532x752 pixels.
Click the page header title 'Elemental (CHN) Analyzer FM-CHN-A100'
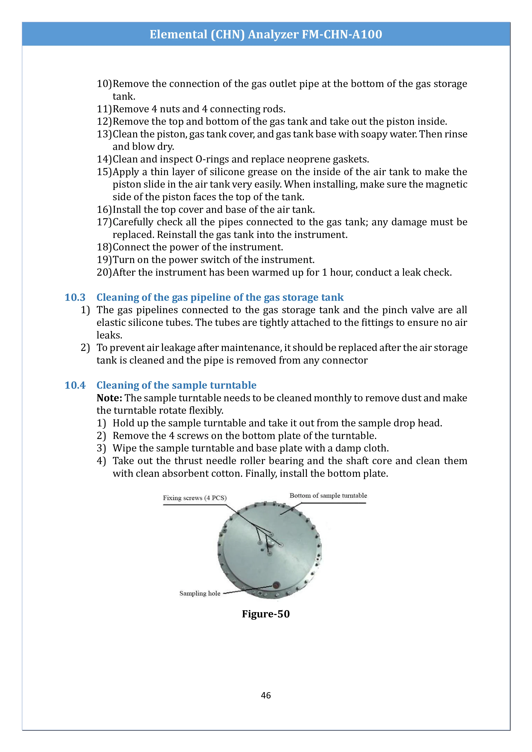coord(266,34)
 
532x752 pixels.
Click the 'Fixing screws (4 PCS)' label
coord(194,498)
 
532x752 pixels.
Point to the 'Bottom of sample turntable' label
coord(328,496)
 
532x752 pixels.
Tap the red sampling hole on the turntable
coord(276,585)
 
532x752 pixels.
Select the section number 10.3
coord(75,297)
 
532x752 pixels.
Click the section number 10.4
coord(75,385)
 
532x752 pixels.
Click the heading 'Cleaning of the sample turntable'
coord(176,385)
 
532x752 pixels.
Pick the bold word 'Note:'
coord(109,398)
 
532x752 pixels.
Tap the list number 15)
coord(104,172)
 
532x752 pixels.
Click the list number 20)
coord(104,272)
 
